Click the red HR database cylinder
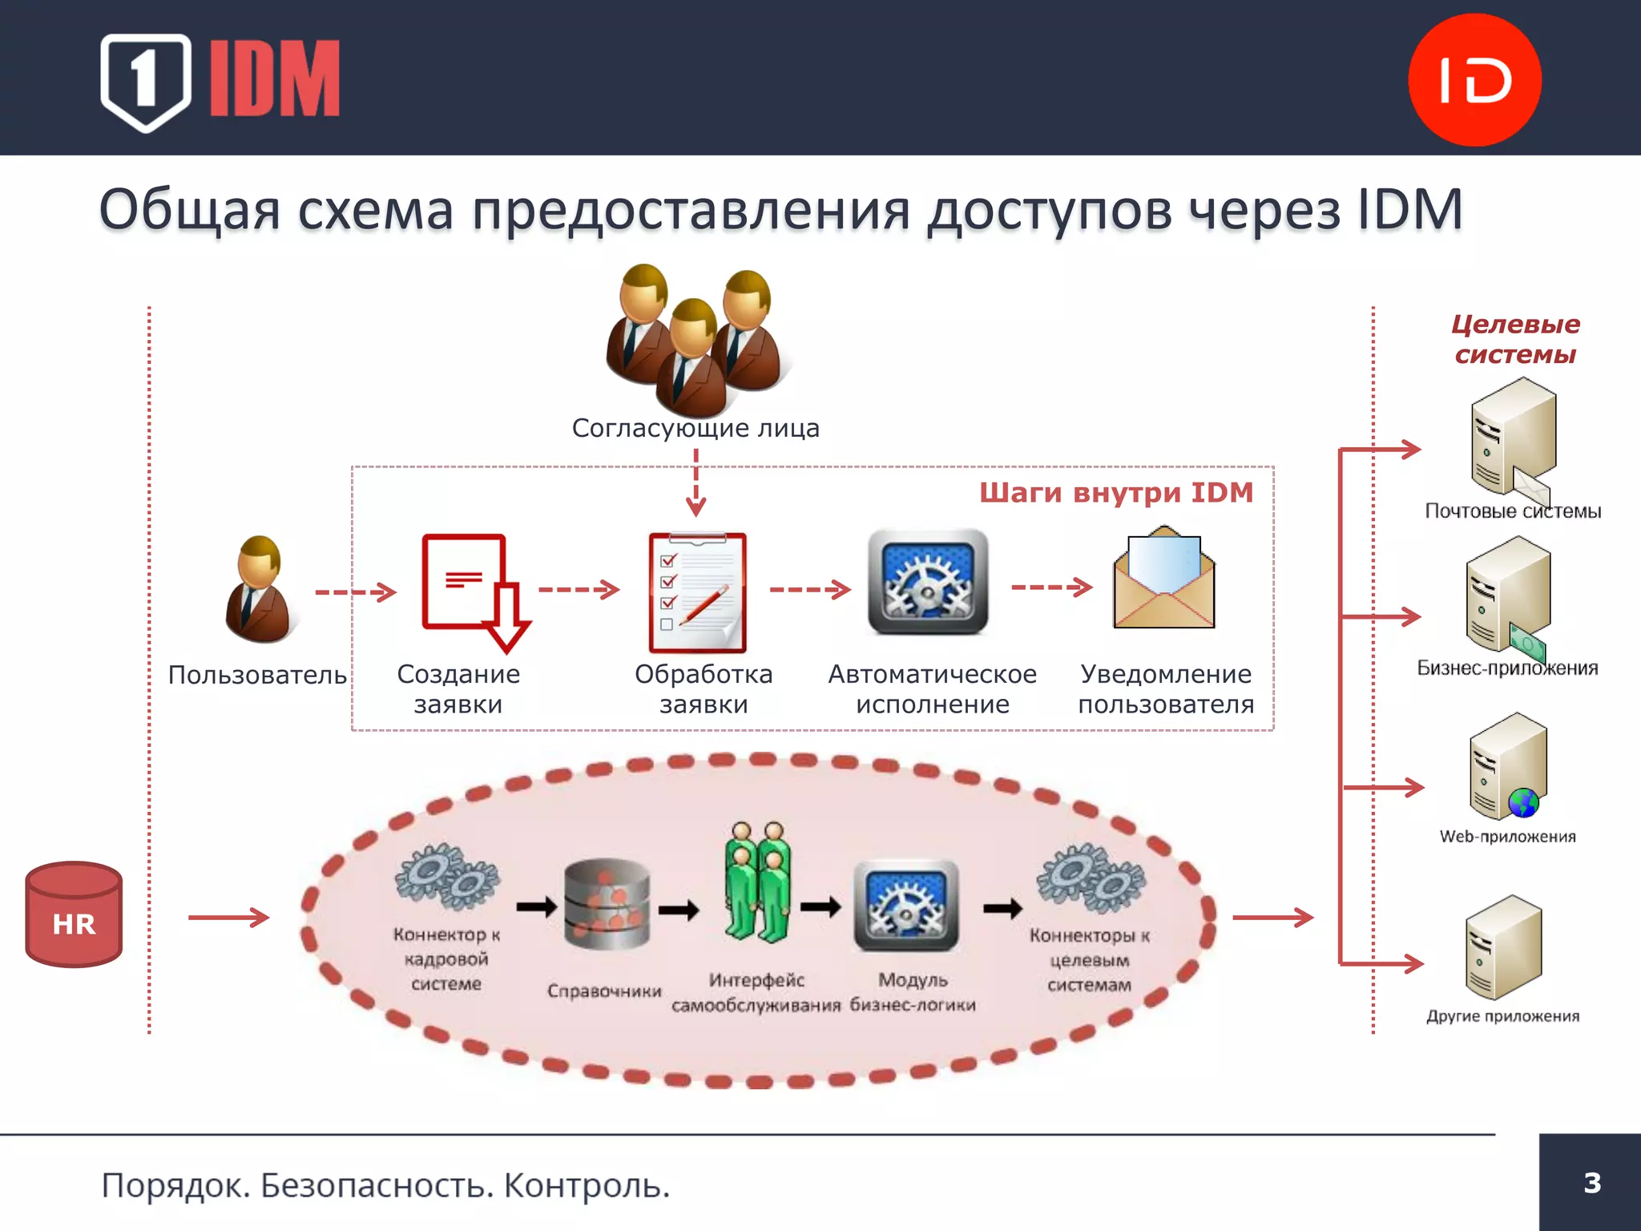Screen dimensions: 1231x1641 [74, 914]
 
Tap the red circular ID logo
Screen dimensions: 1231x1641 [1474, 79]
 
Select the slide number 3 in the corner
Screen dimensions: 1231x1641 [1591, 1183]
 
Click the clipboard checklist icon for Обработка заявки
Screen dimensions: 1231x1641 [697, 592]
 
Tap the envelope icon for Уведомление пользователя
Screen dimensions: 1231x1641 [1164, 578]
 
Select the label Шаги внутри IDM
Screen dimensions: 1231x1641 [1116, 492]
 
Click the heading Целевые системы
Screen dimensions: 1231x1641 [1515, 339]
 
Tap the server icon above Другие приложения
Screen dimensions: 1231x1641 [1503, 947]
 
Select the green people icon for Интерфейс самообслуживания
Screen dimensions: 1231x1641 [757, 882]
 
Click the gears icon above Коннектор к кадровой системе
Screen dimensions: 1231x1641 [446, 877]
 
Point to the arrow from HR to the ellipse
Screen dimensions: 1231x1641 [228, 918]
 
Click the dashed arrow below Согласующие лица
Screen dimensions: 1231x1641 [696, 482]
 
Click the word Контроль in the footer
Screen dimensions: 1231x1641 [587, 1185]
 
